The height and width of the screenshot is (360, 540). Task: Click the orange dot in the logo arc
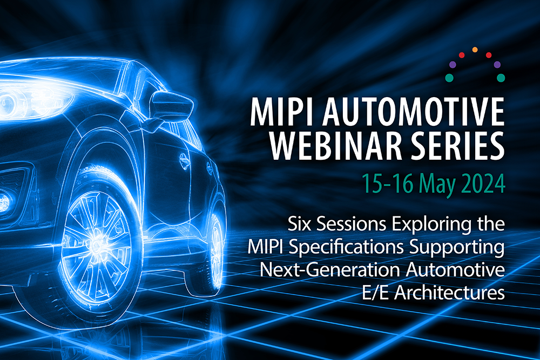[x=475, y=50]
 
